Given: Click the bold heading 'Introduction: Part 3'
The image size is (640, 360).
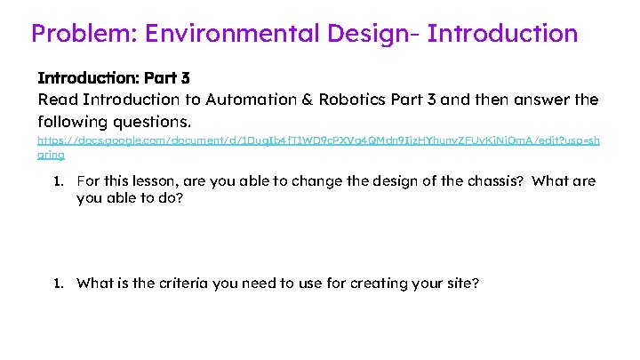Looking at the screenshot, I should pyautogui.click(x=114, y=78).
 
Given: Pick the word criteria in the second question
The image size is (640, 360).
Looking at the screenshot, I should pyautogui.click(x=181, y=284).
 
